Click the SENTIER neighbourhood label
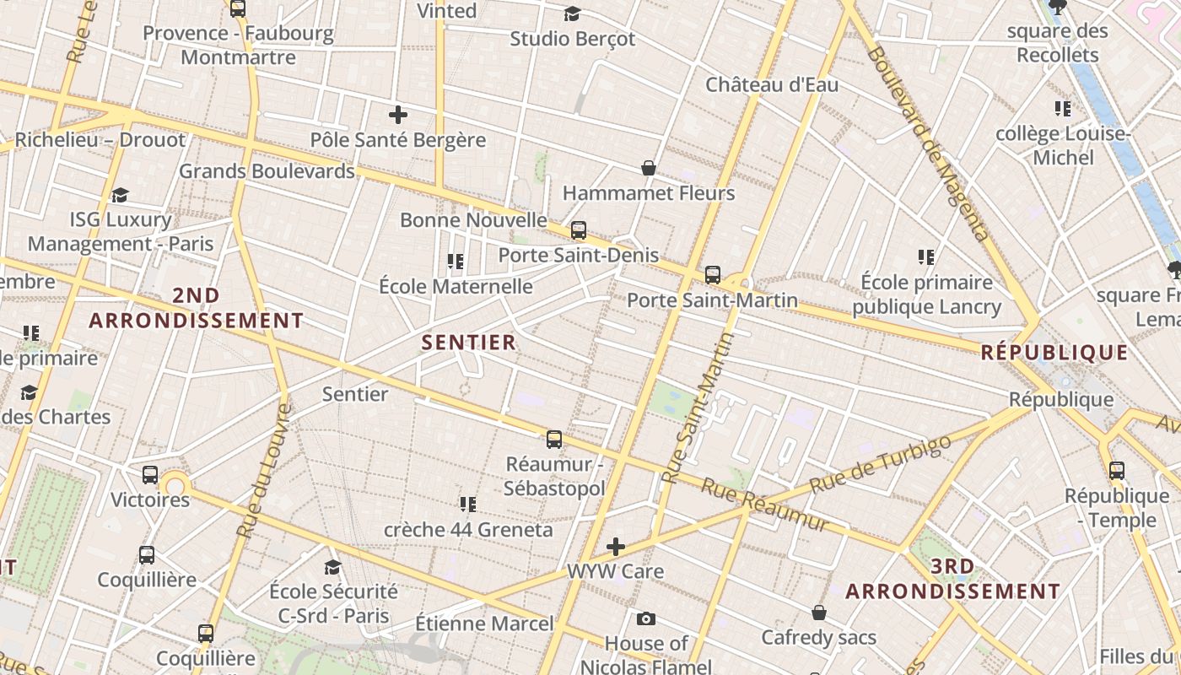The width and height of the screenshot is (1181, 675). (468, 342)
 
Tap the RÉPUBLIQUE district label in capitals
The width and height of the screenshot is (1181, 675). (1054, 352)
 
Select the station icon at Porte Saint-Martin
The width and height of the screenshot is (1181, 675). (713, 274)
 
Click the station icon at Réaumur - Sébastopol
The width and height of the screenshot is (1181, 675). (554, 439)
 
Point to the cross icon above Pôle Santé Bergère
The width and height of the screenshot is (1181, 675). (398, 114)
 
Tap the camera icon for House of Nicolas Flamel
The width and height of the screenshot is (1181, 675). (646, 618)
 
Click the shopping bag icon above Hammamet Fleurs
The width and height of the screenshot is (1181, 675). (649, 168)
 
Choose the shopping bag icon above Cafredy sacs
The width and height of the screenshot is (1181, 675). (818, 612)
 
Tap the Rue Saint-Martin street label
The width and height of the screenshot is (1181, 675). (699, 407)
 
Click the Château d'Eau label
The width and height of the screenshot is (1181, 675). (772, 84)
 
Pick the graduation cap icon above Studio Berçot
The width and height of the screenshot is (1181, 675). (572, 13)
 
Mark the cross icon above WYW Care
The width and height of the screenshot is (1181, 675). (616, 547)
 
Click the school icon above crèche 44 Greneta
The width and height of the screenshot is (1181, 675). (468, 505)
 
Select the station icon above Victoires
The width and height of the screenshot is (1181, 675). (150, 474)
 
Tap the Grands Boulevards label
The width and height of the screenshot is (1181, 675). (267, 171)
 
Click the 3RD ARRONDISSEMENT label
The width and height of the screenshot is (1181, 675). (953, 579)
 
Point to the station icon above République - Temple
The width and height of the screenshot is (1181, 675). (1117, 471)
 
